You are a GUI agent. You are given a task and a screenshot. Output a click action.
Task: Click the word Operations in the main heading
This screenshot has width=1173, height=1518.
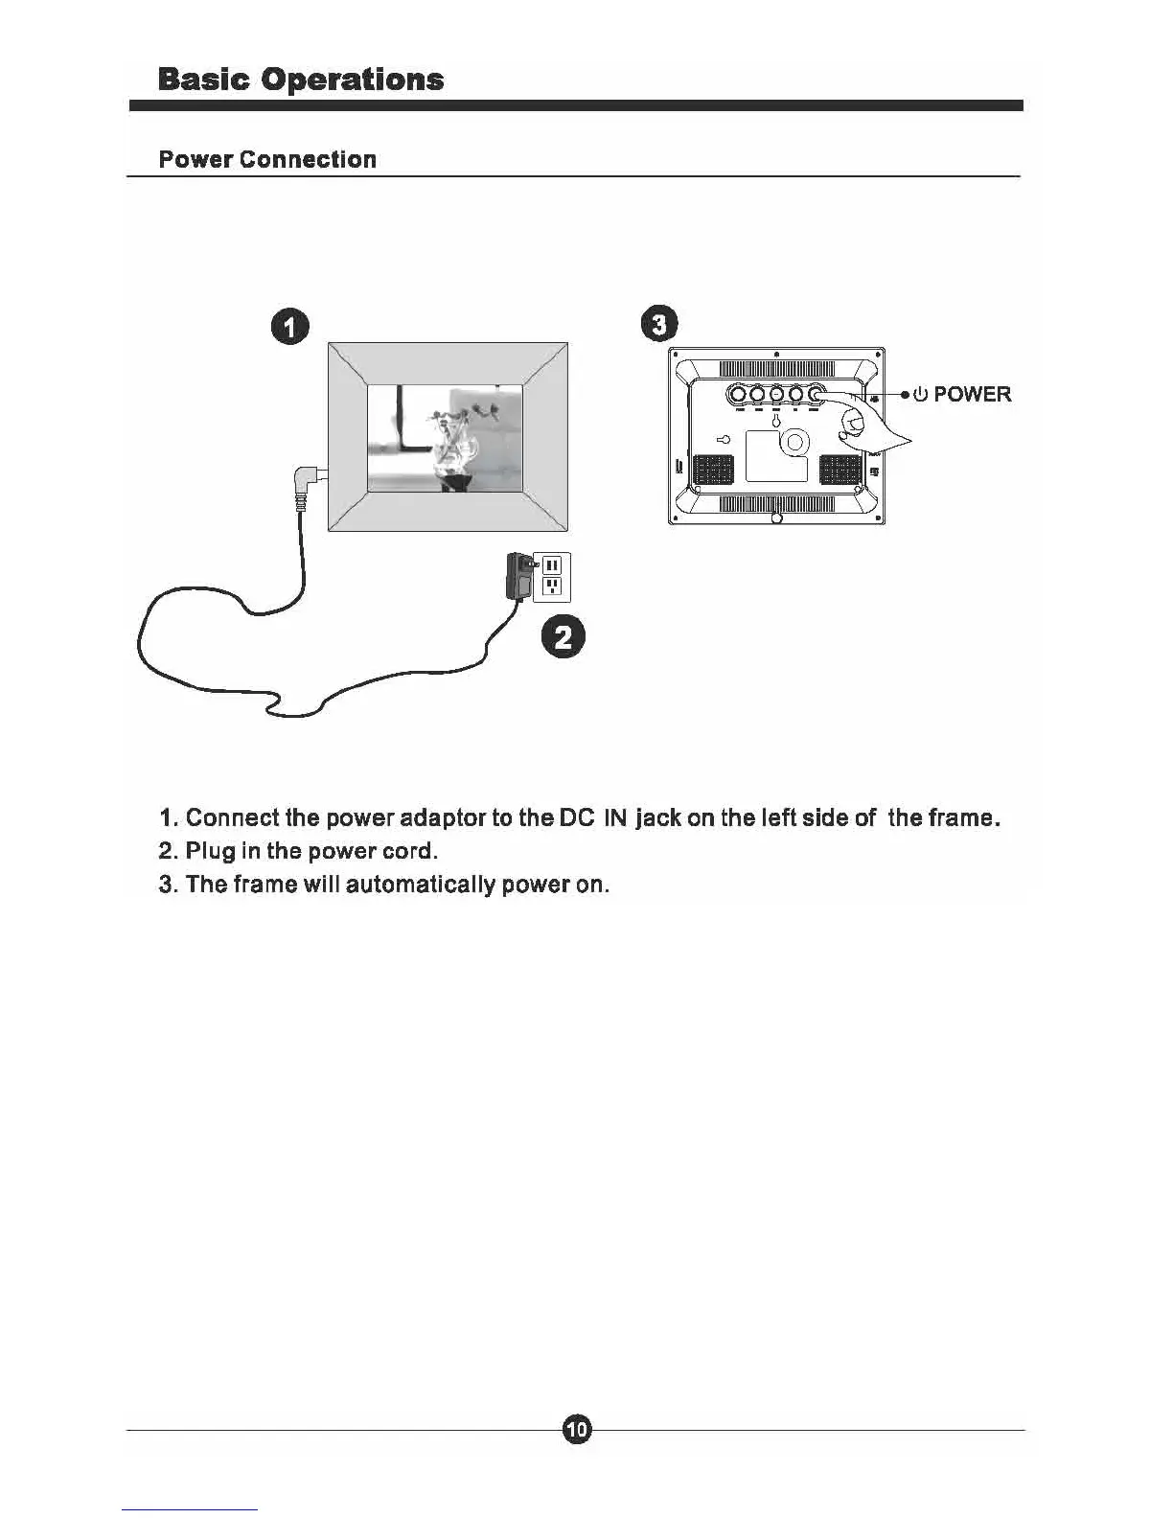pyautogui.click(x=353, y=80)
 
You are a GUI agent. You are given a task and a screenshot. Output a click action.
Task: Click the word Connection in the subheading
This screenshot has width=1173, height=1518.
pyautogui.click(x=308, y=159)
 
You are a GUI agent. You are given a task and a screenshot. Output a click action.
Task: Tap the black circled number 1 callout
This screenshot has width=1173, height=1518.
pyautogui.click(x=290, y=327)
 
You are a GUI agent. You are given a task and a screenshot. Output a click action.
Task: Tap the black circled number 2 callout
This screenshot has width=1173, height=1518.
pyautogui.click(x=563, y=637)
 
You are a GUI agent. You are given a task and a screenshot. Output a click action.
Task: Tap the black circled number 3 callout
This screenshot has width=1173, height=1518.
pyautogui.click(x=659, y=324)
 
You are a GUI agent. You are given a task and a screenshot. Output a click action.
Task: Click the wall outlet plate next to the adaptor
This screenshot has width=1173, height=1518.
pyautogui.click(x=552, y=575)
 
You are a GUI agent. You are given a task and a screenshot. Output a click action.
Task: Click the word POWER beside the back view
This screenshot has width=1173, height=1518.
pyautogui.click(x=972, y=394)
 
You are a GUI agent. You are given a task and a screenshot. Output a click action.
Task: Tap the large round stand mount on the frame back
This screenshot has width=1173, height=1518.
pyautogui.click(x=794, y=441)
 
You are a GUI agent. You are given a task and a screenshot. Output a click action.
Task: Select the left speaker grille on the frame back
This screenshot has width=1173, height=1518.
pyautogui.click(x=712, y=469)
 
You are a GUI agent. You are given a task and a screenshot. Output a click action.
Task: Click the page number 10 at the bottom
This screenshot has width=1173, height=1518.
pyautogui.click(x=576, y=1430)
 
